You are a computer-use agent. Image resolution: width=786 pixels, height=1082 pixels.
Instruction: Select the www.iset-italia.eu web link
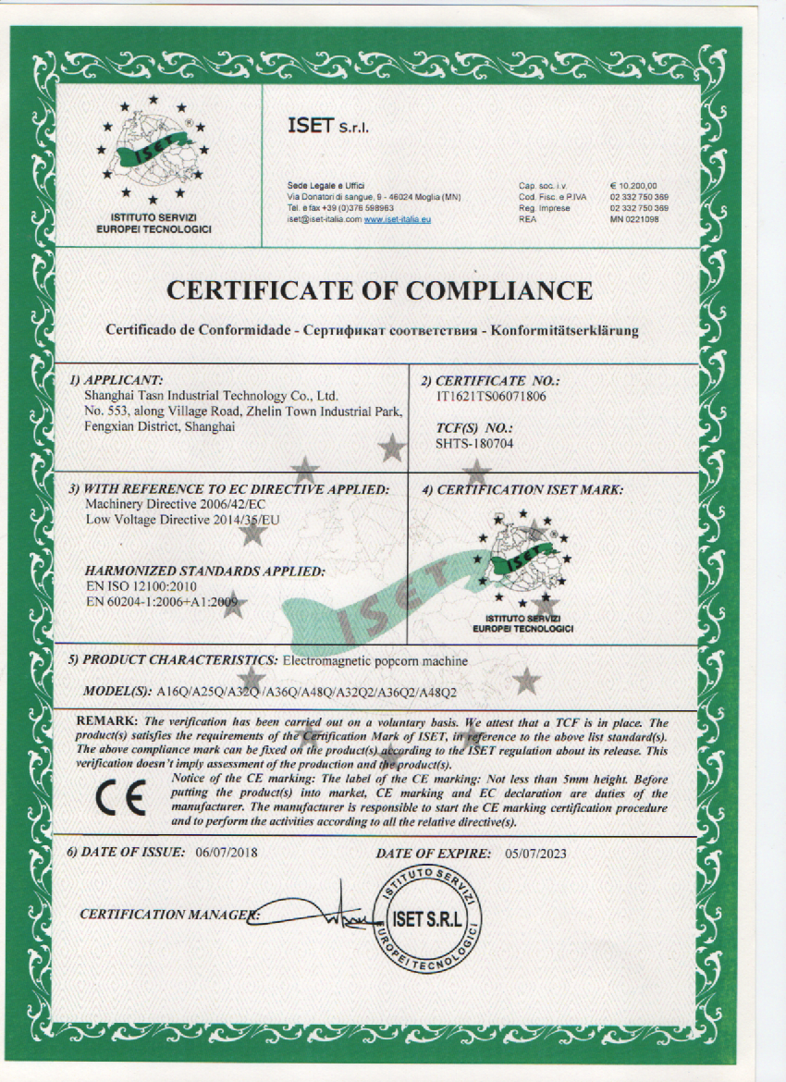398,219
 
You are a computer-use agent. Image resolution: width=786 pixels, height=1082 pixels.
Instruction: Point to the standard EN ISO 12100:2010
141,587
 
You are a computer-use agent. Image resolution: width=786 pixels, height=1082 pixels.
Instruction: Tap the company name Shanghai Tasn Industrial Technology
206,394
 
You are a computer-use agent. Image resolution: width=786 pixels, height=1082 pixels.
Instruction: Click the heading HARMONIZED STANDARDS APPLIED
204,572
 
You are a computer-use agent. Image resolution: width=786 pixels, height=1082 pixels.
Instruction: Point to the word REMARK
106,720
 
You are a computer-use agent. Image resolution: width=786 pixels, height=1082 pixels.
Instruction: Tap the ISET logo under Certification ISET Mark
523,564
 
